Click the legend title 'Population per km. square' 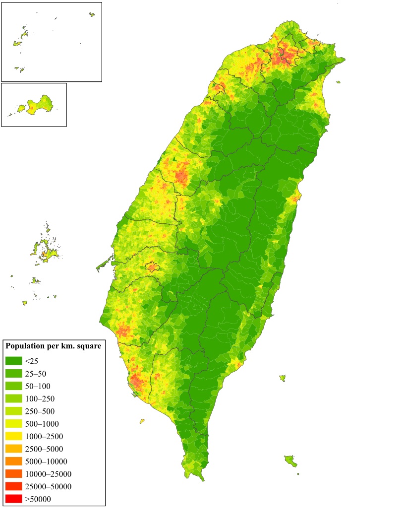coord(53,346)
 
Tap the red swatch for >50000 coord(13,499)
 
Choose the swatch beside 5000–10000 coord(13,461)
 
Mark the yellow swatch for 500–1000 coord(13,423)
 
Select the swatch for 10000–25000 coord(13,474)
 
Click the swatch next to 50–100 coord(13,386)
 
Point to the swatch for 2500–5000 coord(13,449)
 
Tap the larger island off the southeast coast coord(291,461)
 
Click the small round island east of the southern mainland coord(282,378)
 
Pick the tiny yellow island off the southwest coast coord(142,421)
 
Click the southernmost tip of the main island coord(202,479)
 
